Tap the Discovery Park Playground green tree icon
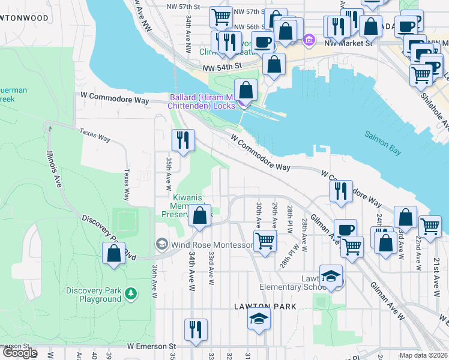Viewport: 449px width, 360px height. click(x=131, y=294)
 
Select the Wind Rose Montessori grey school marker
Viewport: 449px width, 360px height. click(x=161, y=245)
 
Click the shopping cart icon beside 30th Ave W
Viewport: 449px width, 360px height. click(x=265, y=241)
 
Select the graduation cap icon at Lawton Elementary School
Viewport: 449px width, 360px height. click(x=331, y=275)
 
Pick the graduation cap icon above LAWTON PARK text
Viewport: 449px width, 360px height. click(x=259, y=318)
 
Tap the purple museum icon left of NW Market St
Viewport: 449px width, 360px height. click(x=309, y=41)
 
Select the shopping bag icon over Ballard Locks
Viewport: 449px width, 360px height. click(x=246, y=90)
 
